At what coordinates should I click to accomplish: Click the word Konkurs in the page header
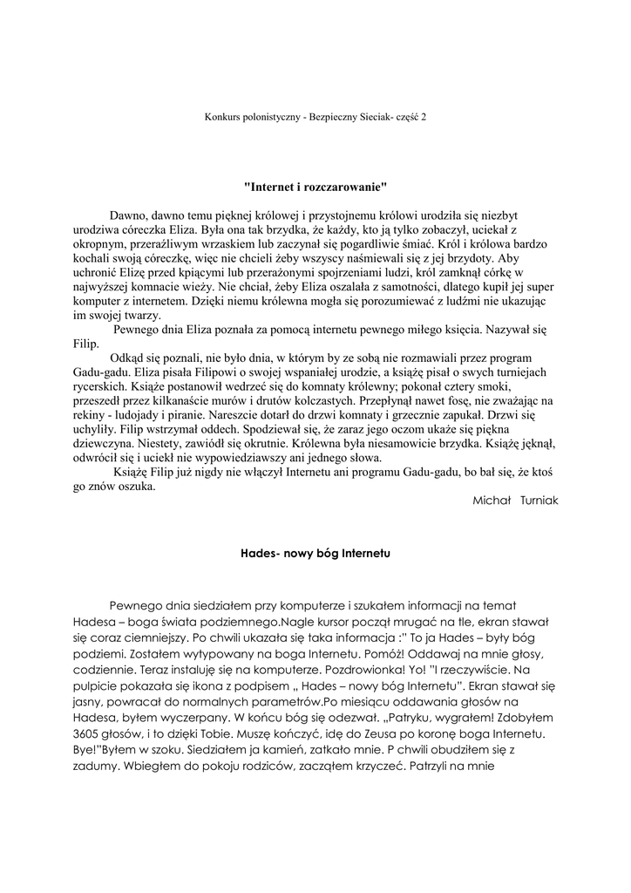click(221, 115)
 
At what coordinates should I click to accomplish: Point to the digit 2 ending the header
click(424, 115)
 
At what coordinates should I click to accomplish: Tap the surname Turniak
click(539, 501)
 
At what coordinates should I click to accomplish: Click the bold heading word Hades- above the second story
click(258, 553)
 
